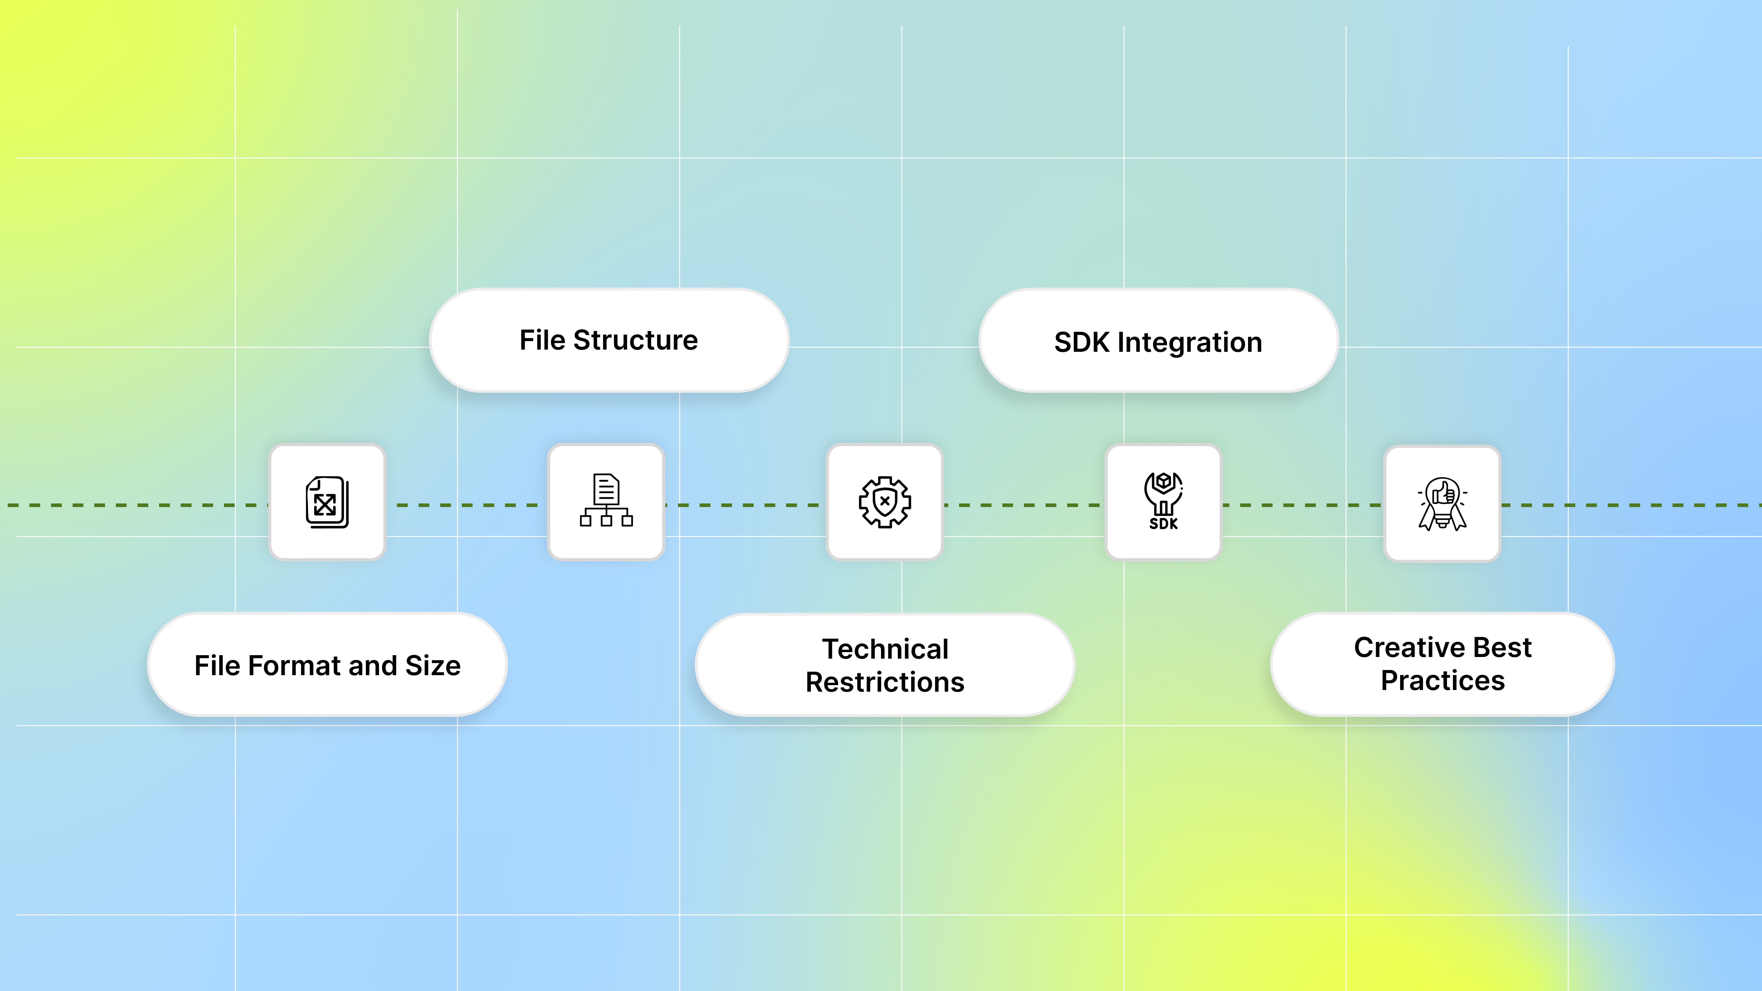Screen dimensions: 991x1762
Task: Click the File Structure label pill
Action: (x=609, y=340)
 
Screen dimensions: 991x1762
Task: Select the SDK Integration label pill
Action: (x=1158, y=341)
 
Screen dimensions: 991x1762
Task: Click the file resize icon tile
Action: (x=327, y=502)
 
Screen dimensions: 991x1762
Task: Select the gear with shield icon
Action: (x=884, y=502)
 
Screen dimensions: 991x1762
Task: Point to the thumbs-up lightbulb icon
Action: (x=1442, y=503)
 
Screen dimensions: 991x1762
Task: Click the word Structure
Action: (x=635, y=340)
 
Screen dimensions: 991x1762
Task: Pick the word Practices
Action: (x=1443, y=681)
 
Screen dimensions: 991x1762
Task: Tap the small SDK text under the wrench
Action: (x=1163, y=524)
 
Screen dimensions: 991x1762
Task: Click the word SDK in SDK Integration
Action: (x=1081, y=342)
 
